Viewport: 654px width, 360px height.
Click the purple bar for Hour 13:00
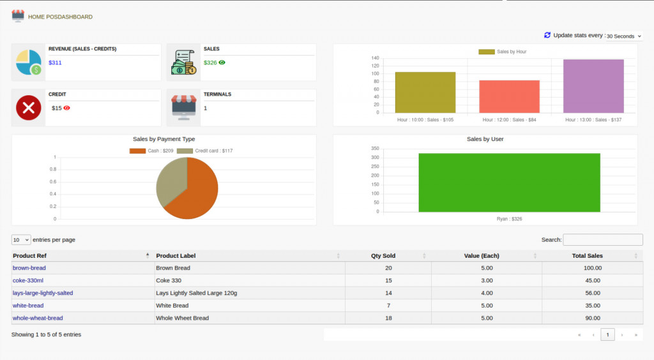pos(593,86)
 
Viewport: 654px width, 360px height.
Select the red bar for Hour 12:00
pos(509,96)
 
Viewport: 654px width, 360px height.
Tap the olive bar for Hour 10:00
pos(425,93)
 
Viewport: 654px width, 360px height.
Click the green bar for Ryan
pos(509,183)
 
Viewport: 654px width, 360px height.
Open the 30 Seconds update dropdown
pos(623,36)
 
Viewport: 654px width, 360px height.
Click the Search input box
pos(602,239)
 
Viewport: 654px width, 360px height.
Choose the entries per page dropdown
pos(21,240)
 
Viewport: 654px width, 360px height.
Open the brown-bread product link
pos(29,268)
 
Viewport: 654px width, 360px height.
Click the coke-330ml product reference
pos(28,280)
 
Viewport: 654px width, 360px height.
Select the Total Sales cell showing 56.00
pos(592,293)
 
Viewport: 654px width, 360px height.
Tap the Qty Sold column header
pos(383,256)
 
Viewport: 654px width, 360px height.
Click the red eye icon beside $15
pos(67,108)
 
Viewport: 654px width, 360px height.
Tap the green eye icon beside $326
pos(222,63)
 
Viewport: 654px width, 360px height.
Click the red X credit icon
pos(28,109)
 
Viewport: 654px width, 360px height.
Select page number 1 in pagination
pos(607,334)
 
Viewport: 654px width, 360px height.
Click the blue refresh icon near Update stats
pos(547,35)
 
